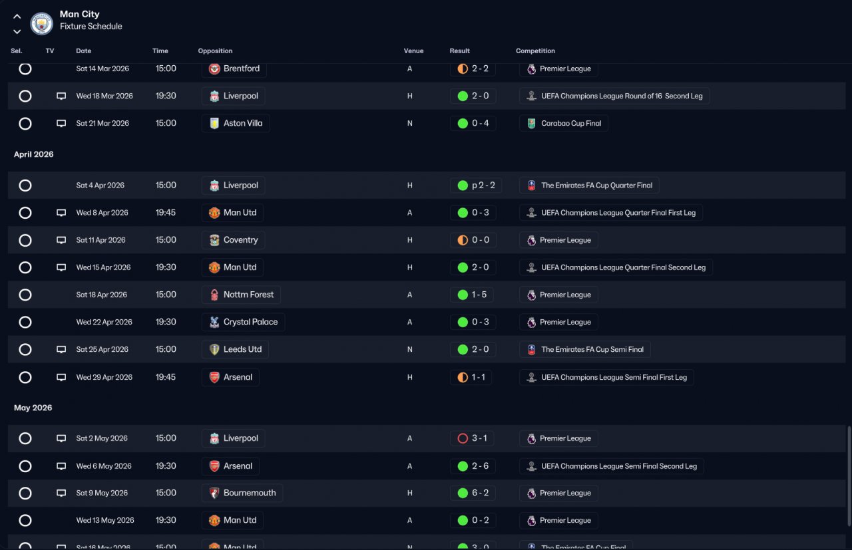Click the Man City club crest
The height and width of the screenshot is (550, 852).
tap(41, 23)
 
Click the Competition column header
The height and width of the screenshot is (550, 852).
tap(535, 51)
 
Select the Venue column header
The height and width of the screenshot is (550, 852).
tap(413, 51)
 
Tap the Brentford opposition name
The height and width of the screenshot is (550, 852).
tap(242, 69)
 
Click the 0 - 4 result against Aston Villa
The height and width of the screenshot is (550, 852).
tap(481, 123)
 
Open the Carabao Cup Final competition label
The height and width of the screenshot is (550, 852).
tap(571, 123)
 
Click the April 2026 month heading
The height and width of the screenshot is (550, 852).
tap(34, 154)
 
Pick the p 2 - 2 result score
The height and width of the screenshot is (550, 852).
tap(483, 186)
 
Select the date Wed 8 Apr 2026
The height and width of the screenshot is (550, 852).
tap(102, 213)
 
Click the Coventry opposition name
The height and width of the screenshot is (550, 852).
tap(241, 240)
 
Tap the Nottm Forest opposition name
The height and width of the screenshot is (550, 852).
tap(248, 295)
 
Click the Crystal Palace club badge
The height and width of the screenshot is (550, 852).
tap(214, 323)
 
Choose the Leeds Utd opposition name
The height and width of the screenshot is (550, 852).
tap(243, 349)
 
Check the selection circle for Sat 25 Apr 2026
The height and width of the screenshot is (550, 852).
tap(25, 349)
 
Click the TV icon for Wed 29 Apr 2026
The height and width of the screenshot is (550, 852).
tap(61, 377)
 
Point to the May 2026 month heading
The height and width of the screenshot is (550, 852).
tap(33, 408)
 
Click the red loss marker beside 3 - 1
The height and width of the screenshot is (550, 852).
tap(463, 438)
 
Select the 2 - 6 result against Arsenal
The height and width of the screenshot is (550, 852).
tap(481, 466)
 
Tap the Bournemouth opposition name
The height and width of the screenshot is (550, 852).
tap(250, 493)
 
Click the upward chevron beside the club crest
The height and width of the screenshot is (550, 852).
tap(17, 17)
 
